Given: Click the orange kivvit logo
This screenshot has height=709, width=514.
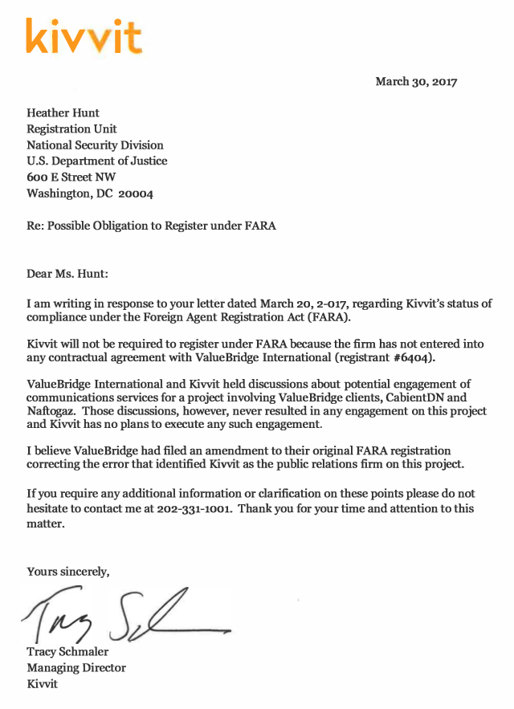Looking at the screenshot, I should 84,36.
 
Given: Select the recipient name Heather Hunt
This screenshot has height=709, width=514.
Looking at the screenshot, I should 63,113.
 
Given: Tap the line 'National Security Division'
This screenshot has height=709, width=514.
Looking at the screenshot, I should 95,145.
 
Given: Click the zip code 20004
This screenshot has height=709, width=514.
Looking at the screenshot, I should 136,194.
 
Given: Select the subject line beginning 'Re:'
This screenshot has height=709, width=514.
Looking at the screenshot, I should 151,226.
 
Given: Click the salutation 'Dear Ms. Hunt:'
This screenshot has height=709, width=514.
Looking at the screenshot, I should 67,274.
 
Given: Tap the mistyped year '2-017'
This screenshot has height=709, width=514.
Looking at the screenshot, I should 332,304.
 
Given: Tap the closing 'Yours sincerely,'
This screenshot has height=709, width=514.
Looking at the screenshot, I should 68,572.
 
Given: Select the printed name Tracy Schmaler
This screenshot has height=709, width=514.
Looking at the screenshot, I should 67,652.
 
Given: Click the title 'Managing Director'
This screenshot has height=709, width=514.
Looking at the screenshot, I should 76,668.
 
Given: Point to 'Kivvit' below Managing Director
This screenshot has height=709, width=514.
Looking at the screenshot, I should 42,684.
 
